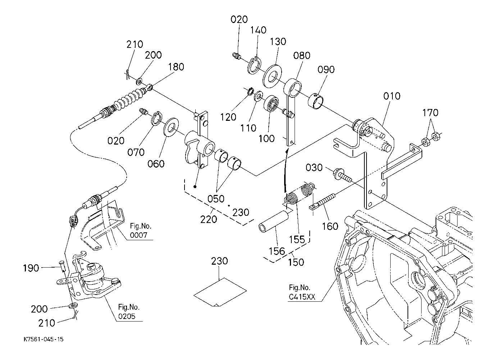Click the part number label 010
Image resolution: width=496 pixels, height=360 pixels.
pyautogui.click(x=392, y=96)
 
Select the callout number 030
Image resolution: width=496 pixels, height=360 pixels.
pyautogui.click(x=314, y=168)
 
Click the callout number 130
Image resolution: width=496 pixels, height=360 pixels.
pyautogui.click(x=278, y=42)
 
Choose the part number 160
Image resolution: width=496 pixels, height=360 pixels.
pyautogui.click(x=330, y=226)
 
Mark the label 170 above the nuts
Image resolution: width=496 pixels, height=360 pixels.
pyautogui.click(x=430, y=113)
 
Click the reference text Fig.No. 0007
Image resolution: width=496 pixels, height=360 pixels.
pyautogui.click(x=141, y=231)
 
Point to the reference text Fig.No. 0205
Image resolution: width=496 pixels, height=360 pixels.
pyautogui.click(x=129, y=312)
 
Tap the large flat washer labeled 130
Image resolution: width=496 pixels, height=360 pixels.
pyautogui.click(x=272, y=76)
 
